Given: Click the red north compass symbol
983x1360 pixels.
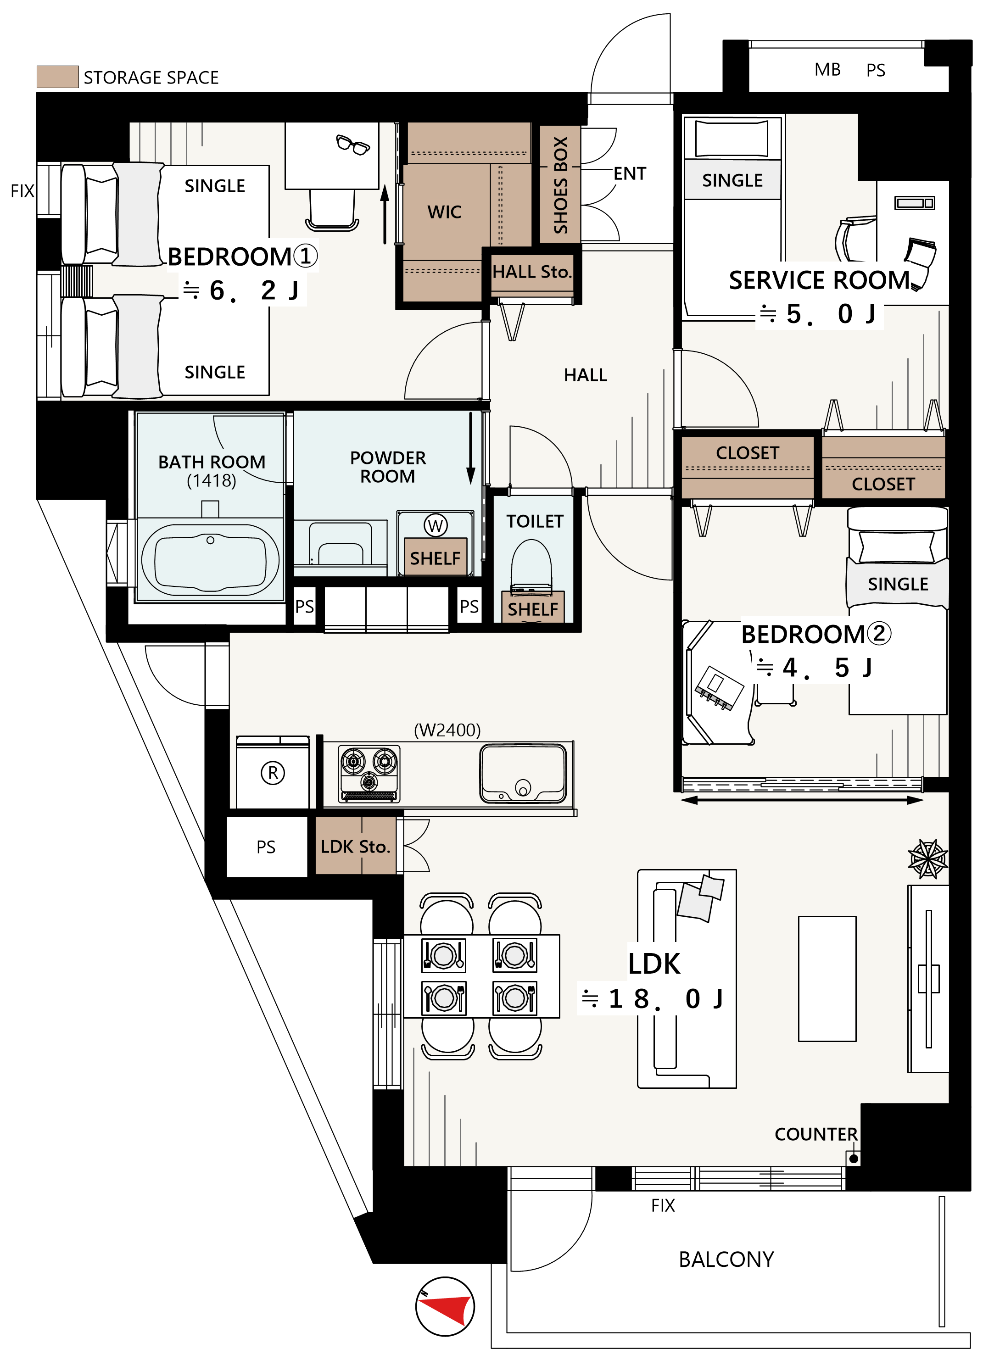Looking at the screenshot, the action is (445, 1306).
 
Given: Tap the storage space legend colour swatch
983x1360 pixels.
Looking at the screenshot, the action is (57, 77).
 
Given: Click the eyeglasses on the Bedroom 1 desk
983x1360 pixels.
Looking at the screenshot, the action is (352, 145).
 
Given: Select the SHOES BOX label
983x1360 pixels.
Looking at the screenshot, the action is (560, 185).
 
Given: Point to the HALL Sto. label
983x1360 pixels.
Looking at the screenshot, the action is (532, 272).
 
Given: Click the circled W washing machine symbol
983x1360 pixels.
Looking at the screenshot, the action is (436, 525).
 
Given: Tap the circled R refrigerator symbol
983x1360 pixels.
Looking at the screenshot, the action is (273, 772).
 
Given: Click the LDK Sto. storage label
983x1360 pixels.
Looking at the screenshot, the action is (356, 847).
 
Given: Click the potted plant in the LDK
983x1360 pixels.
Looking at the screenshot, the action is (928, 858).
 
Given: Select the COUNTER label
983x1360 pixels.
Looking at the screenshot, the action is (815, 1134).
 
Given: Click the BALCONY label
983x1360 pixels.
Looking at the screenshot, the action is (726, 1259).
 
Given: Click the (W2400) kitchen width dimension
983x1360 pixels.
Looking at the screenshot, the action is (447, 730).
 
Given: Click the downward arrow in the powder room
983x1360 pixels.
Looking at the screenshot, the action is (471, 448).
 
